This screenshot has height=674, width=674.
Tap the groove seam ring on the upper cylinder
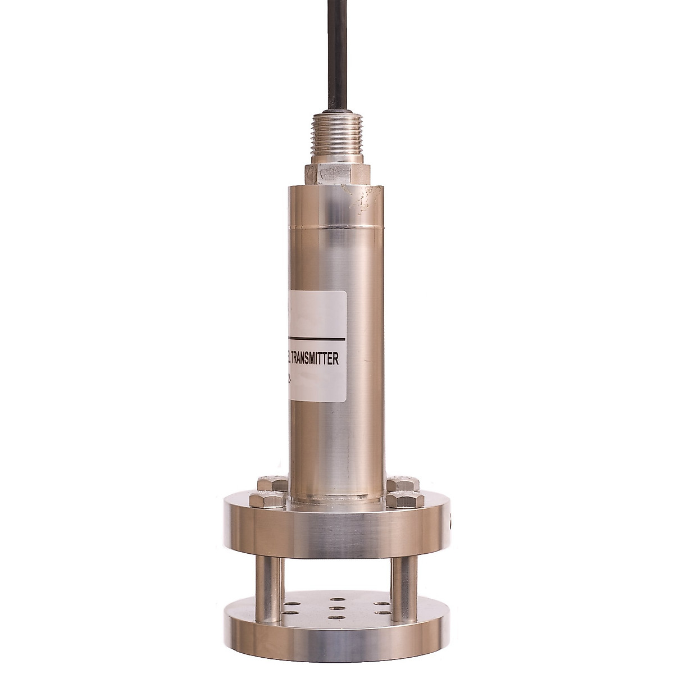(336, 227)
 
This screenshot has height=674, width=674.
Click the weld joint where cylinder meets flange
(336, 499)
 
